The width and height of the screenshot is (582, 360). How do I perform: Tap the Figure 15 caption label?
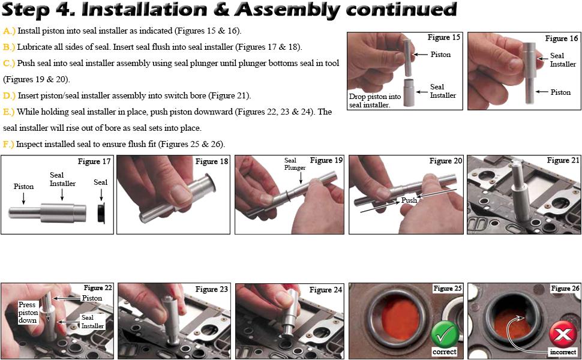click(x=444, y=37)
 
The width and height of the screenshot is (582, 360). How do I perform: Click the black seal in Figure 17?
click(x=100, y=213)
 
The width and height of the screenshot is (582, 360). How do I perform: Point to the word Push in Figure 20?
click(x=409, y=200)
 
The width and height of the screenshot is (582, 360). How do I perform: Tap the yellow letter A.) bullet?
click(x=9, y=31)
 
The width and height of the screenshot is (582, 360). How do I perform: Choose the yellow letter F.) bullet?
click(x=8, y=144)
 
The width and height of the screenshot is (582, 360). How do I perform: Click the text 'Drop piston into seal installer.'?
click(x=375, y=100)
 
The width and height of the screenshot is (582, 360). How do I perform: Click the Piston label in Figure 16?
click(x=560, y=92)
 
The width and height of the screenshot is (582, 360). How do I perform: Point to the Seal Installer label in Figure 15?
click(x=443, y=91)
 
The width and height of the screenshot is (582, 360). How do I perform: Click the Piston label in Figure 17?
click(x=23, y=187)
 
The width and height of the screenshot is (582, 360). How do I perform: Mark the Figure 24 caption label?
click(x=326, y=290)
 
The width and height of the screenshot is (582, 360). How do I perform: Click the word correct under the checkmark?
click(x=445, y=352)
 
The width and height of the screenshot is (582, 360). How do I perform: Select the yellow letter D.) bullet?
click(x=9, y=95)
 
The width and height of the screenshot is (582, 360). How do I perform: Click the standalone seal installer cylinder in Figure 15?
click(x=409, y=92)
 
